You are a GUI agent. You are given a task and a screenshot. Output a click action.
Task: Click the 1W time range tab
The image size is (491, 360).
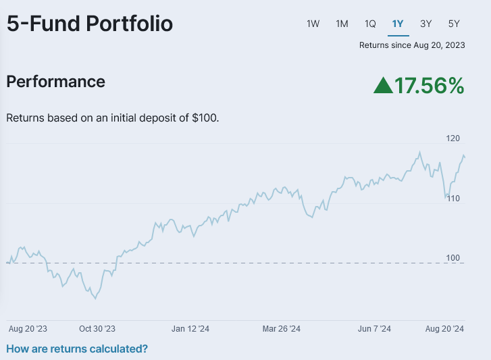pyautogui.click(x=313, y=24)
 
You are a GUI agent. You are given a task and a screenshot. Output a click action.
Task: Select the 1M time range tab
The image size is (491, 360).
pyautogui.click(x=342, y=24)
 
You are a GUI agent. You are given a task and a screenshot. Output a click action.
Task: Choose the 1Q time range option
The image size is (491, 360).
pyautogui.click(x=370, y=24)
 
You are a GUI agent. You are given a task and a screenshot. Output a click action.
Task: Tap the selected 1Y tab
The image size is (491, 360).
pyautogui.click(x=398, y=24)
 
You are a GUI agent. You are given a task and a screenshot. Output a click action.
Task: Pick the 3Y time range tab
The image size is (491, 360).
pyautogui.click(x=425, y=24)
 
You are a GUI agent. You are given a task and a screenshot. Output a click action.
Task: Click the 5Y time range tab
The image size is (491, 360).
pyautogui.click(x=454, y=24)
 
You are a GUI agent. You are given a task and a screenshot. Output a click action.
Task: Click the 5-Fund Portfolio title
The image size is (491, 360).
pyautogui.click(x=90, y=24)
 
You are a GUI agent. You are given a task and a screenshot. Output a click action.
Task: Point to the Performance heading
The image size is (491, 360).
pyautogui.click(x=55, y=82)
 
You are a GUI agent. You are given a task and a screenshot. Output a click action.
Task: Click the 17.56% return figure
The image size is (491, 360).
pyautogui.click(x=430, y=86)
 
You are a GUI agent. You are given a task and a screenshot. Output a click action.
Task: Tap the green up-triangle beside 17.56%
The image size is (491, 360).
pyautogui.click(x=383, y=86)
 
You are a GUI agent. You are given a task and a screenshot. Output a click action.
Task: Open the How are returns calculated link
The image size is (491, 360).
pyautogui.click(x=76, y=349)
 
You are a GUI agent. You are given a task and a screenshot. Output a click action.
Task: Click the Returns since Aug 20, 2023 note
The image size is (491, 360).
pyautogui.click(x=412, y=46)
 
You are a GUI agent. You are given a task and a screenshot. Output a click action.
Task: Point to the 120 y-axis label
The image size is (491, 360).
pyautogui.click(x=453, y=138)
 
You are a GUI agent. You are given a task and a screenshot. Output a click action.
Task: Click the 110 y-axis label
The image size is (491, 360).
pyautogui.click(x=453, y=198)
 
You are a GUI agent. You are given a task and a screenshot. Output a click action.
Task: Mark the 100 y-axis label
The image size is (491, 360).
pyautogui.click(x=453, y=258)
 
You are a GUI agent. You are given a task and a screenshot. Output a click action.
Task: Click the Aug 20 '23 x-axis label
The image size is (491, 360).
pyautogui.click(x=28, y=329)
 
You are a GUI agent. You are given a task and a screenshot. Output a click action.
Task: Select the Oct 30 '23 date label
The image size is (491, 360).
pyautogui.click(x=97, y=329)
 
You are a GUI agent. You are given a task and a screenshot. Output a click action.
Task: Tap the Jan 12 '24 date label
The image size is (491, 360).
pyautogui.click(x=190, y=329)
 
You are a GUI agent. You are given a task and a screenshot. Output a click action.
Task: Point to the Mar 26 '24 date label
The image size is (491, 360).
pyautogui.click(x=281, y=329)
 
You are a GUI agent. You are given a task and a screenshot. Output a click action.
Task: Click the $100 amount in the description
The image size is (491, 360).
pyautogui.click(x=205, y=118)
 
